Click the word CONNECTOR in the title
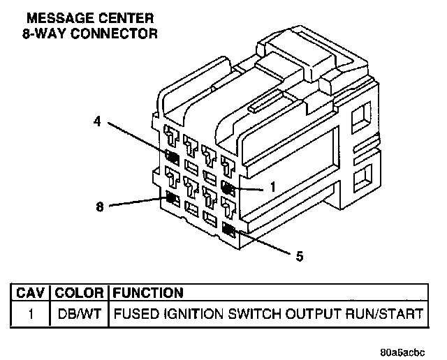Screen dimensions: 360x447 click(112, 32)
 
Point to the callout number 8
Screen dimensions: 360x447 click(99, 206)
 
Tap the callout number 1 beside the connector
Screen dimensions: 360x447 click(273, 187)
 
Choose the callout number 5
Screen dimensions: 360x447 click(300, 256)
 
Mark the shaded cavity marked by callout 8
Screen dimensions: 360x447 click(171, 200)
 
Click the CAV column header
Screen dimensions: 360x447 click(31, 293)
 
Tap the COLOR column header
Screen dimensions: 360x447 click(80, 293)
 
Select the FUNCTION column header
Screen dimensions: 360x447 click(148, 293)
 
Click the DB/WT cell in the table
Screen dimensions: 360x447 click(80, 314)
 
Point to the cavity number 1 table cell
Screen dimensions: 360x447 click(31, 314)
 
